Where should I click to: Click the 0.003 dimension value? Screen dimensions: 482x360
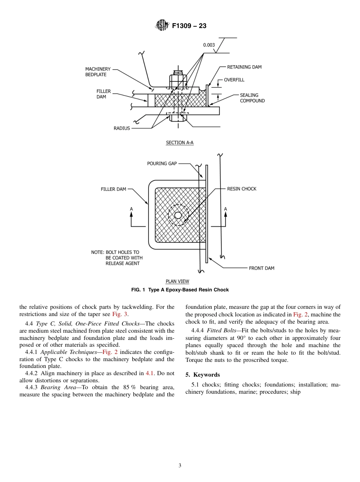(x=209, y=45)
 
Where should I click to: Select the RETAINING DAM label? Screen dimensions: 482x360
(x=244, y=67)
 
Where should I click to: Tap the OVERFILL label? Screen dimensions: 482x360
(x=234, y=80)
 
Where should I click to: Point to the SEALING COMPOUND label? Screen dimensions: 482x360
(x=252, y=98)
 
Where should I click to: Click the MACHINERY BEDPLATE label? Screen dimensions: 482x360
(x=98, y=72)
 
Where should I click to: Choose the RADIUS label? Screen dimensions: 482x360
(x=122, y=128)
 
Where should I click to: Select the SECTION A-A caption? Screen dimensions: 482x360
(x=180, y=143)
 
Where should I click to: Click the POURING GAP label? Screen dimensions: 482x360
(x=162, y=164)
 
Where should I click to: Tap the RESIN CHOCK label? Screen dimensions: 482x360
(x=241, y=189)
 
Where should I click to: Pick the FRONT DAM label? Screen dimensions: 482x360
(x=261, y=268)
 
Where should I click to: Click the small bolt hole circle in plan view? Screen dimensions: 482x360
(x=178, y=216)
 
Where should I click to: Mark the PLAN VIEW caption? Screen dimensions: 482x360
(x=177, y=282)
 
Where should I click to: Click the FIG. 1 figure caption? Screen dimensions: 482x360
(x=180, y=290)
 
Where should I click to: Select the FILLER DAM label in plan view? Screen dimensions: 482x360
(x=113, y=189)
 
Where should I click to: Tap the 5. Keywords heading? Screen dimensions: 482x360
(x=202, y=375)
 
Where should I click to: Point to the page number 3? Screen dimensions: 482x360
(x=180, y=466)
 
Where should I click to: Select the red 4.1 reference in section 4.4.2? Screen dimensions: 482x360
(x=150, y=373)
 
